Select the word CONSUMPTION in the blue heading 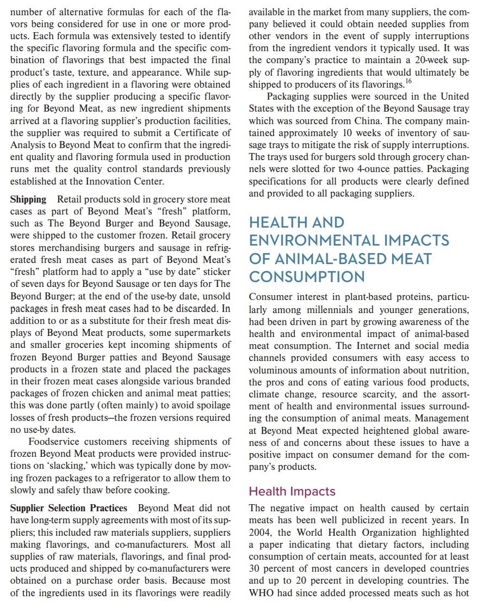click(307, 277)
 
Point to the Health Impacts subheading click(292, 491)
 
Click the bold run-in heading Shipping click(28, 200)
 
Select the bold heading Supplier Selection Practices click(69, 507)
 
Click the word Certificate click(195, 132)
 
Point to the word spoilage click(210, 406)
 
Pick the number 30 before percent click(256, 568)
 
